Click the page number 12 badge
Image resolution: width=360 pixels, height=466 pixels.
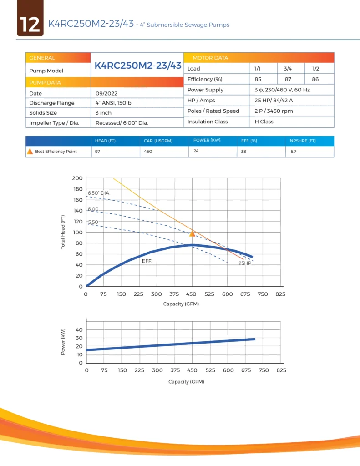[x=30, y=24]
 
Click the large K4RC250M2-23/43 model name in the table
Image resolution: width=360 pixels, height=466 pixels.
[x=138, y=66]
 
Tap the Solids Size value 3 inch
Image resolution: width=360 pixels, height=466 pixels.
[x=103, y=113]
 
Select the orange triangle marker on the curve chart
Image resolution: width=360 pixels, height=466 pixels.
[x=192, y=233]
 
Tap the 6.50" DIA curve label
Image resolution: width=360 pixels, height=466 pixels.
[x=98, y=193]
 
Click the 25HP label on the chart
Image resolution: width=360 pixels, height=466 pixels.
[x=245, y=263]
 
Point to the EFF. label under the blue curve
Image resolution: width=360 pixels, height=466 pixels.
[x=147, y=262]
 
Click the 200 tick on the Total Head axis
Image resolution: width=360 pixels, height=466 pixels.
[x=77, y=178]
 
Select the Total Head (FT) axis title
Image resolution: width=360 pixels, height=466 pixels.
[x=63, y=232]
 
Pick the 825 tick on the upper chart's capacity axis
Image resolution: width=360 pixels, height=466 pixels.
[x=280, y=294]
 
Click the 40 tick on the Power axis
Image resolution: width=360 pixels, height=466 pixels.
[x=79, y=329]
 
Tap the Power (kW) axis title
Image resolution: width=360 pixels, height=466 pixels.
[x=63, y=341]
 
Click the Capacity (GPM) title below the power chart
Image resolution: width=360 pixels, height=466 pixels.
[x=186, y=381]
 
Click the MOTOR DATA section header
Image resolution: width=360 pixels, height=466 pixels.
[x=210, y=58]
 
